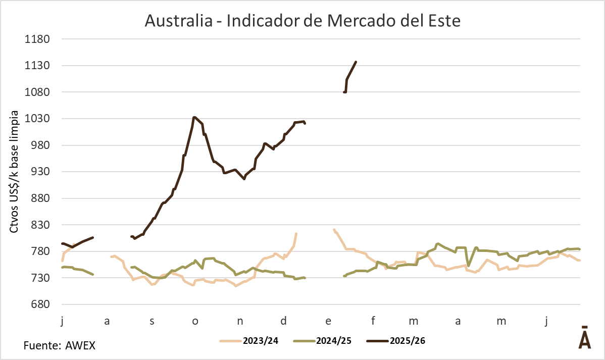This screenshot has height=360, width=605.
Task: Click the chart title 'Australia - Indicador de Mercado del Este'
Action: pyautogui.click(x=302, y=21)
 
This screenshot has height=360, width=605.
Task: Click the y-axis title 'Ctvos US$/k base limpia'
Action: pyautogui.click(x=15, y=172)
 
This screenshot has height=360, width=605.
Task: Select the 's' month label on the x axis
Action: pyautogui.click(x=152, y=321)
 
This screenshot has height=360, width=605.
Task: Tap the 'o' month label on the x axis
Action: pyautogui.click(x=195, y=321)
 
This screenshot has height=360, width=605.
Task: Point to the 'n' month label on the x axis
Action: pyautogui.click(x=240, y=321)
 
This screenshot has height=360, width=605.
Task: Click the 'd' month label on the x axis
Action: pyautogui.click(x=284, y=321)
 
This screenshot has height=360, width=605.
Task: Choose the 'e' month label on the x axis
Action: pyautogui.click(x=328, y=321)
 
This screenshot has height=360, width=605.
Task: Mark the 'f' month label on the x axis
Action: pyautogui.click(x=373, y=321)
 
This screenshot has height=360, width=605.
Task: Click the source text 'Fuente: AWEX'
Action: pyautogui.click(x=60, y=346)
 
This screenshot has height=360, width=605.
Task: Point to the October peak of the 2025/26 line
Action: pyautogui.click(x=194, y=118)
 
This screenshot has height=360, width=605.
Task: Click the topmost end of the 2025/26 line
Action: pyautogui.click(x=356, y=62)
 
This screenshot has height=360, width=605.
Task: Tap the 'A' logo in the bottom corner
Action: pyautogui.click(x=584, y=338)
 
